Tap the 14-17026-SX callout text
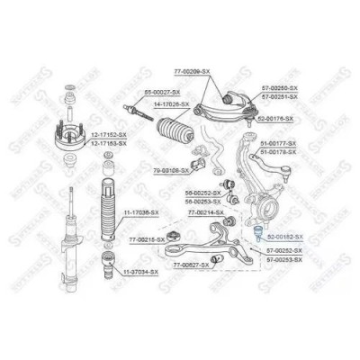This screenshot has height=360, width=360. pyautogui.click(x=169, y=105)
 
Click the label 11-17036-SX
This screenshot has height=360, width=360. pyautogui.click(x=140, y=212)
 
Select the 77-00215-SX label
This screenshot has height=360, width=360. pyautogui.click(x=146, y=239)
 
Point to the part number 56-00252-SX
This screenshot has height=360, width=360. pyautogui.click(x=202, y=193)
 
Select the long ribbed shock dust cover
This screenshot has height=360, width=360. pyautogui.click(x=106, y=216)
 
